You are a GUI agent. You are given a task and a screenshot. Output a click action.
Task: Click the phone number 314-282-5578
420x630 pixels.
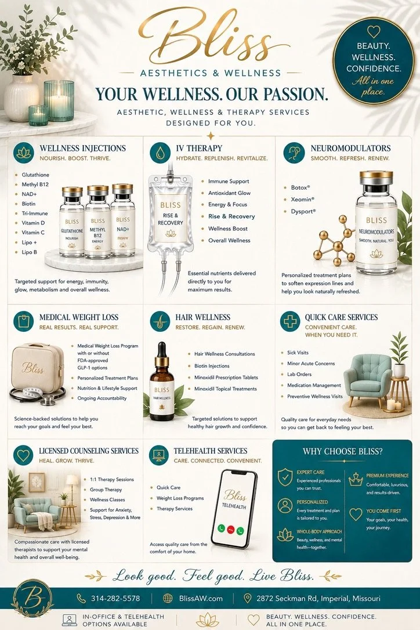(x=115, y=598)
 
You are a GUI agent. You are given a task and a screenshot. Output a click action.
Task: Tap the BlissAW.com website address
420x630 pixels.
(x=201, y=598)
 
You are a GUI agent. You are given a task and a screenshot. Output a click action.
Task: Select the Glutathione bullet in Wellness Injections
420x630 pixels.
(x=35, y=175)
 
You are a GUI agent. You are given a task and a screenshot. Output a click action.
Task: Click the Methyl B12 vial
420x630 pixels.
(x=97, y=222)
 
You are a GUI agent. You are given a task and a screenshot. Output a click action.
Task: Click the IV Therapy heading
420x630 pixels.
(x=199, y=149)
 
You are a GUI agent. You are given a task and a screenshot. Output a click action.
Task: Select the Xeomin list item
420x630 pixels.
(x=302, y=200)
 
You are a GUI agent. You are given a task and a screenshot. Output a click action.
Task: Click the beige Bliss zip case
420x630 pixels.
(x=37, y=368)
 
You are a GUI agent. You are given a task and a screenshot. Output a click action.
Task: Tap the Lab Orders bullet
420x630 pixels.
(x=299, y=374)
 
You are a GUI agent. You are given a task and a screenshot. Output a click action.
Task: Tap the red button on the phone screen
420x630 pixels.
(x=231, y=529)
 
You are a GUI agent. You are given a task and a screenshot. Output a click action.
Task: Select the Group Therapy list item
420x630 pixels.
(x=106, y=490)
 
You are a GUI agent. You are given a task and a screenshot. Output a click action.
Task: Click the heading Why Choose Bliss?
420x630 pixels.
(x=342, y=451)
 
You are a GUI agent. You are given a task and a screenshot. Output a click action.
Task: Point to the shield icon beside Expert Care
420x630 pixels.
(x=285, y=477)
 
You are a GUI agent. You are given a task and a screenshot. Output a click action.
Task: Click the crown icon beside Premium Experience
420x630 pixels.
(x=356, y=479)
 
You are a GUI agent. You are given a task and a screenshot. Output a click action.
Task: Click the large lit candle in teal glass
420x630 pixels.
(x=59, y=100)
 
